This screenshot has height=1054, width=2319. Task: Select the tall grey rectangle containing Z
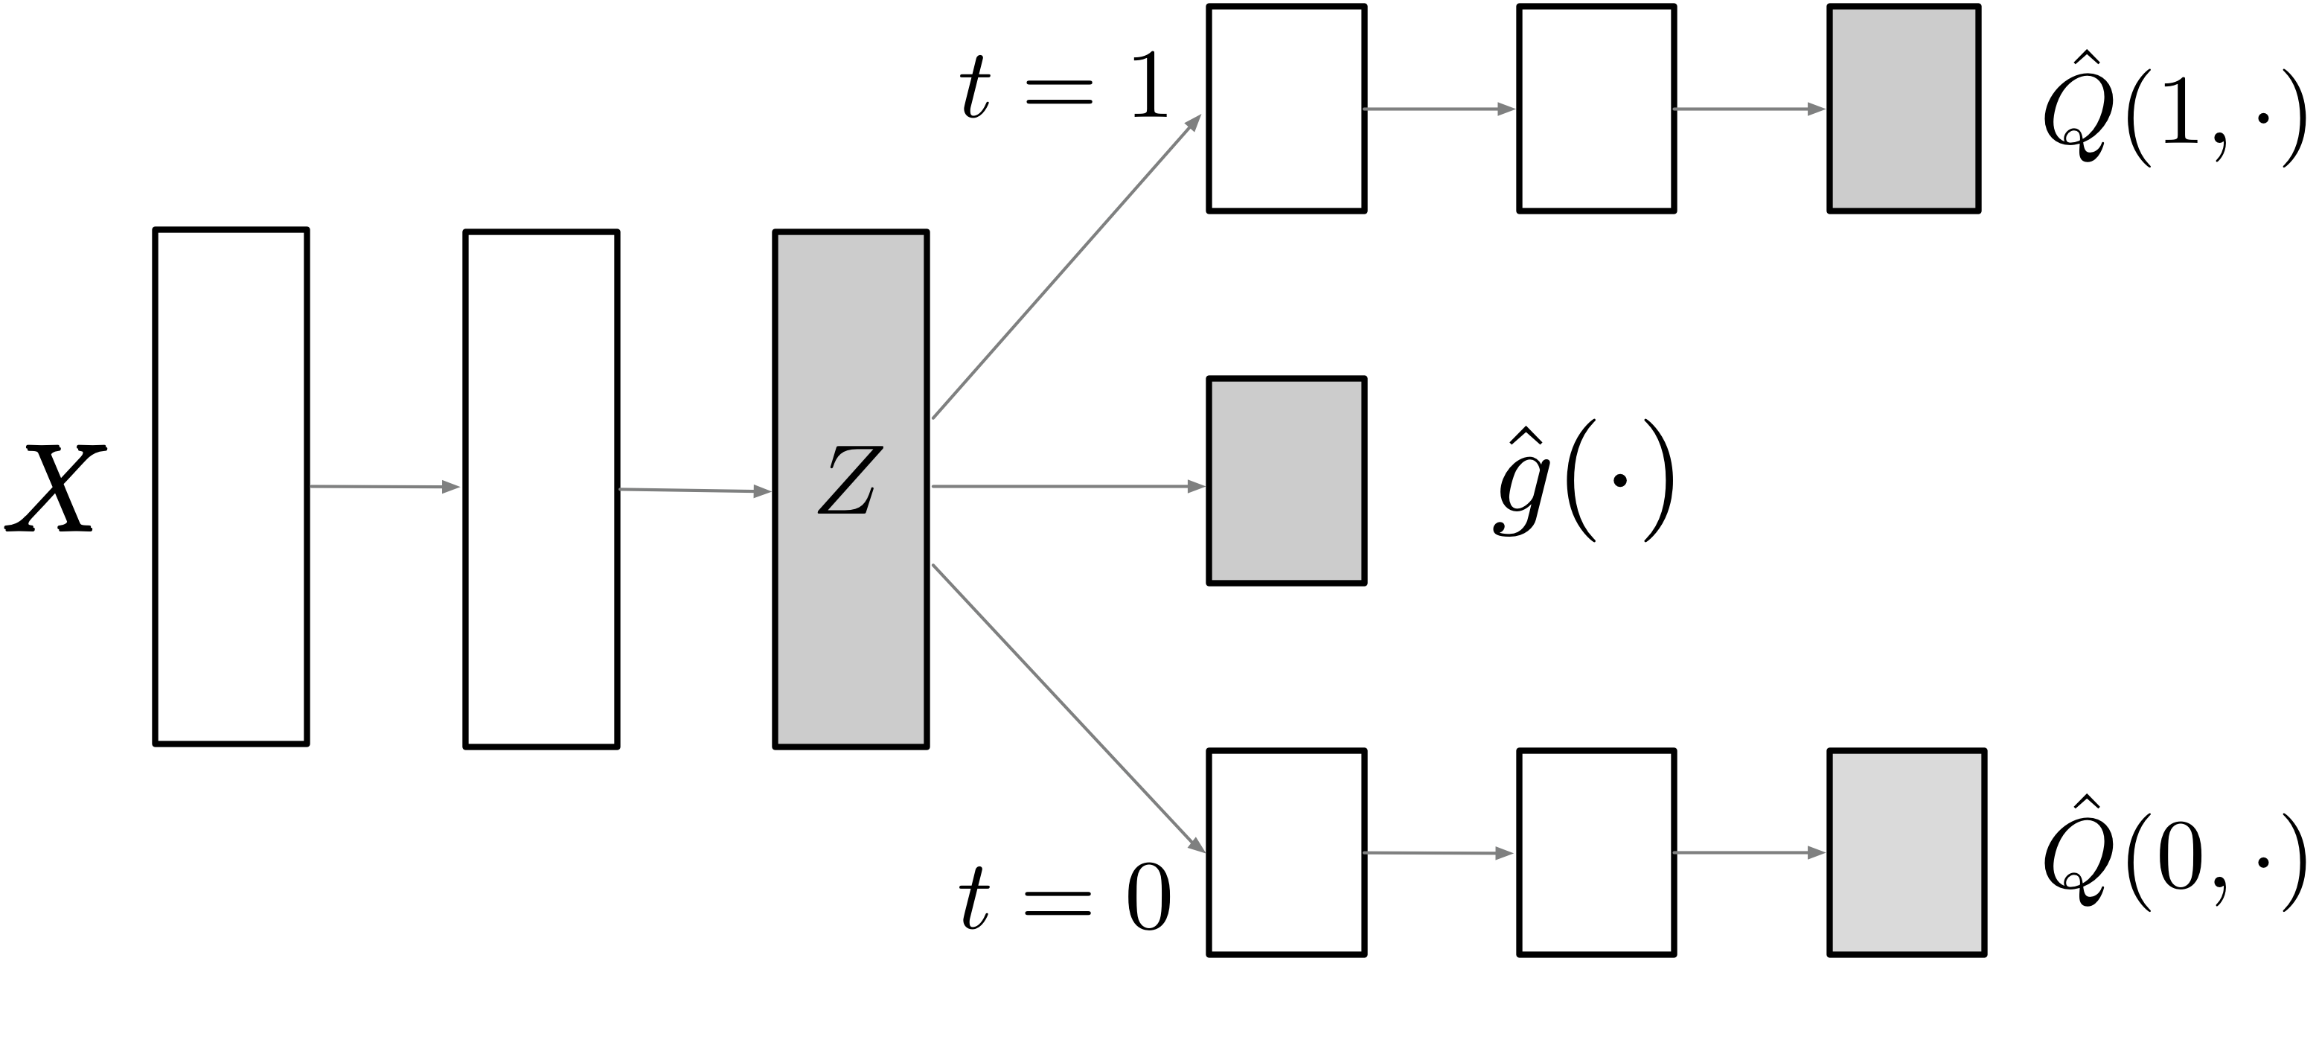[851, 630]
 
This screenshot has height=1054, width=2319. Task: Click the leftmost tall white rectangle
[231, 487]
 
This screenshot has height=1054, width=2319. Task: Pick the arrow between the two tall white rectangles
[386, 487]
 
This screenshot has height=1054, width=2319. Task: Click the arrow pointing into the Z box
[695, 491]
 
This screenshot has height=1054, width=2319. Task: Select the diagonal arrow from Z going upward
[1066, 266]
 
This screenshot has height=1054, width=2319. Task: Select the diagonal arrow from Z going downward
[1069, 709]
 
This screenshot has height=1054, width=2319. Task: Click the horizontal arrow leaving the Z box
[1068, 486]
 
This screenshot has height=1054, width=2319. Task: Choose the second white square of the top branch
[1596, 109]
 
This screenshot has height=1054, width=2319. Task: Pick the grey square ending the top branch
[1903, 109]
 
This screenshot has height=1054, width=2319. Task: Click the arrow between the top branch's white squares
[1439, 109]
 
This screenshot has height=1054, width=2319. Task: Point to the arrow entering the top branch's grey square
[1749, 109]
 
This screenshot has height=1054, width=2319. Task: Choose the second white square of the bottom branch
[1596, 852]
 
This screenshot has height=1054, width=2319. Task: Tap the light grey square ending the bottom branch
[1906, 852]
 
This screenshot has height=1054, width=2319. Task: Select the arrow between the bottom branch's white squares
[1439, 852]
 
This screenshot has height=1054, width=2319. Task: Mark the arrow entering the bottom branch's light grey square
[1749, 852]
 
